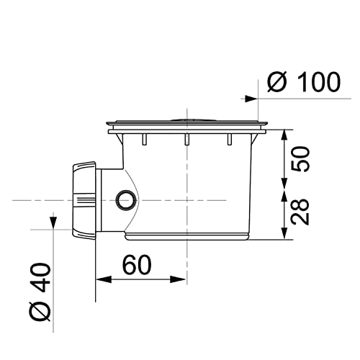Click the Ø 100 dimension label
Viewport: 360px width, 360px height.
click(x=302, y=82)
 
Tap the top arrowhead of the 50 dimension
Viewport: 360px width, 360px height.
click(x=286, y=134)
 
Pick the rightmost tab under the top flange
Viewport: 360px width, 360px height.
click(x=230, y=139)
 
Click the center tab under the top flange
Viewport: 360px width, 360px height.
click(x=186, y=140)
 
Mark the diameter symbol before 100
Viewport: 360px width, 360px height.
click(x=277, y=82)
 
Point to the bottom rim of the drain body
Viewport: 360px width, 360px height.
click(x=187, y=236)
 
